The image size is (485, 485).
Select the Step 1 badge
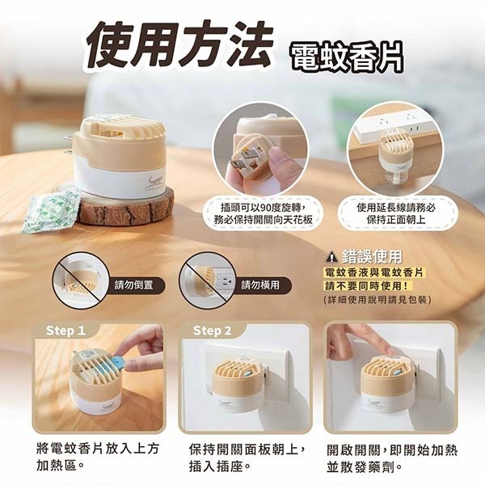click(x=65, y=331)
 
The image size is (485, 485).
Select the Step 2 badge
click(x=212, y=331)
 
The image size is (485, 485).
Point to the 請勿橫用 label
click(x=260, y=285)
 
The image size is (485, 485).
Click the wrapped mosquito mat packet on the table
click(x=50, y=209)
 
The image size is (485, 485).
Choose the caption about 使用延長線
click(x=395, y=213)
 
